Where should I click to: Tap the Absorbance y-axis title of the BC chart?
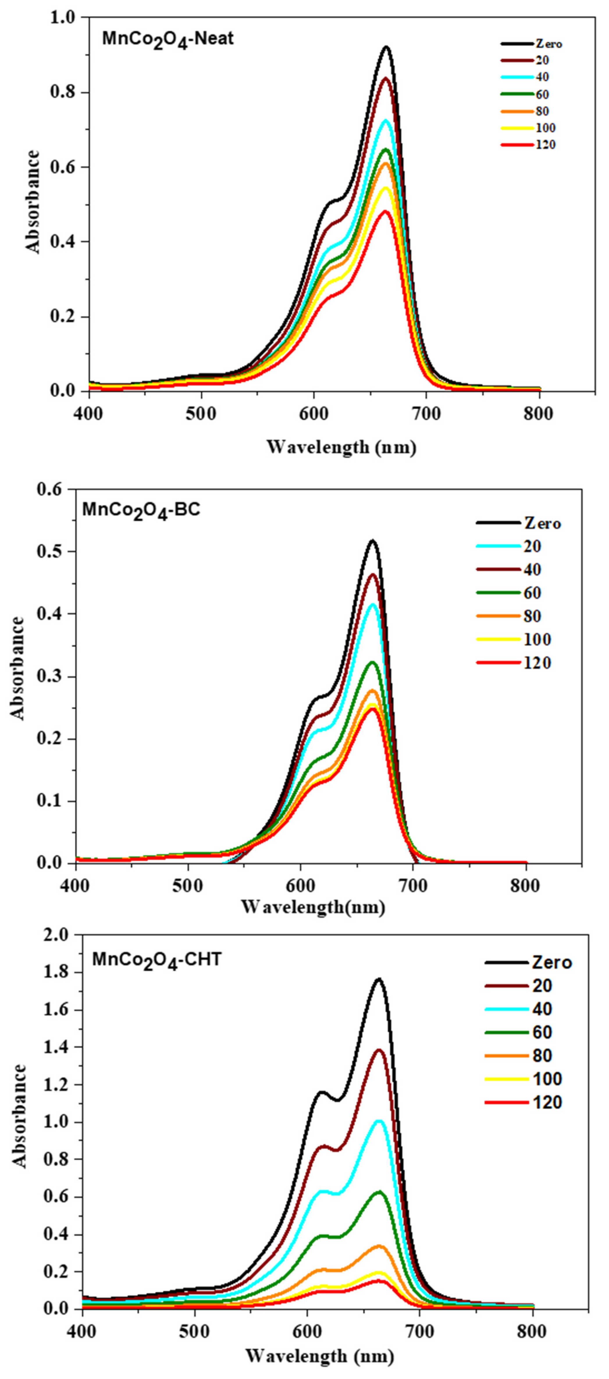pos(18,668)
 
